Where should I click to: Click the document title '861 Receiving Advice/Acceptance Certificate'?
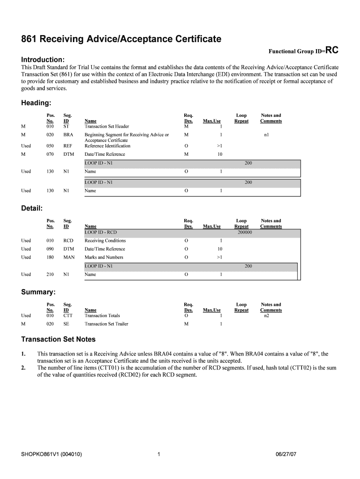[x=121, y=39]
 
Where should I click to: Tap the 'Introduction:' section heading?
[x=43, y=60]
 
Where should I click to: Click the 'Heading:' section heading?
[x=36, y=103]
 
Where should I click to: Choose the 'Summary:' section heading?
[x=39, y=292]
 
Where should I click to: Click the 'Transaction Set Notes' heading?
[x=58, y=339]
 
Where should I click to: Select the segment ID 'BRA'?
[x=68, y=135]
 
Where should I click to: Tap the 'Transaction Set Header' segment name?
[x=107, y=126]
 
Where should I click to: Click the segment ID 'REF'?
[x=68, y=146]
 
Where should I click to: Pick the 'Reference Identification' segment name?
[x=108, y=146]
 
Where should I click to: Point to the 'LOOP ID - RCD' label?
[x=101, y=232]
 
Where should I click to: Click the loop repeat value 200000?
[x=245, y=232]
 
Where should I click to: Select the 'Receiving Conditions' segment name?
[x=105, y=240]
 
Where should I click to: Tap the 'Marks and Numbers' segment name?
[x=104, y=257]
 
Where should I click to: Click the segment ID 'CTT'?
[x=68, y=316]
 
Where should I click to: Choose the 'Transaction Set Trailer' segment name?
[x=106, y=324]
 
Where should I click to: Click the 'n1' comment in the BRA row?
[x=266, y=135]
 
